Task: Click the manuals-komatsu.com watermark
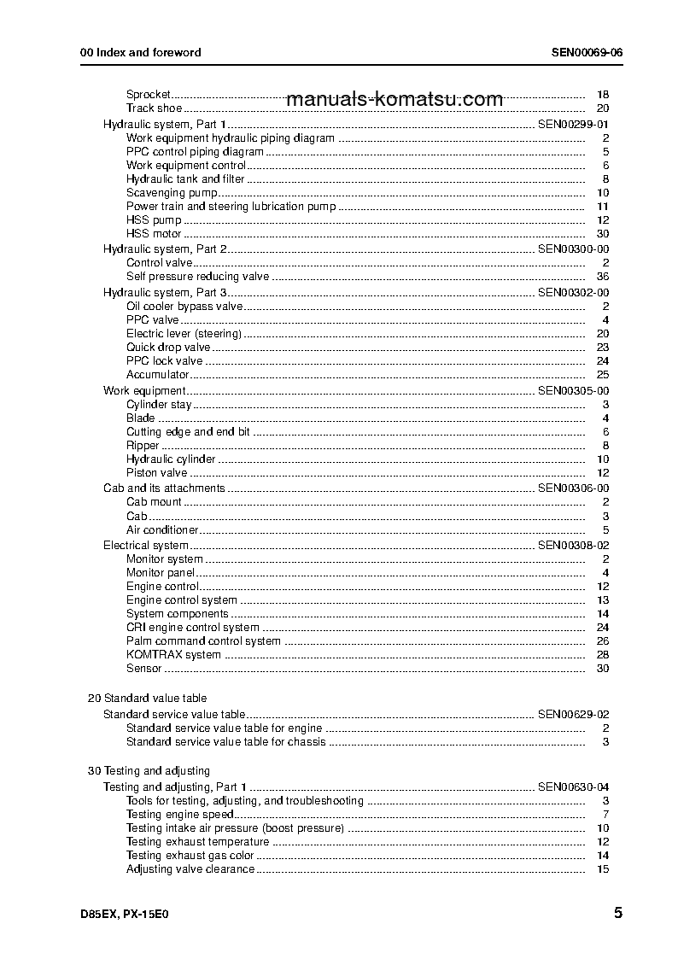click(395, 99)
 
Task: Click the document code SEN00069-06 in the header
click(587, 52)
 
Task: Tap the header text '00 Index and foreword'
click(140, 52)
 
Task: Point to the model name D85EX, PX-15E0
click(126, 915)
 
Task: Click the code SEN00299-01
click(573, 125)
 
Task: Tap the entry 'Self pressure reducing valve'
click(197, 277)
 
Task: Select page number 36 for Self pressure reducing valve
click(602, 277)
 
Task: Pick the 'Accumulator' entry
click(157, 375)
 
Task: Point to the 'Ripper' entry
click(143, 446)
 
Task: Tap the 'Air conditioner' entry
click(162, 530)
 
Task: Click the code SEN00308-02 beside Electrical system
click(573, 546)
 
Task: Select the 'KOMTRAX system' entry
click(173, 655)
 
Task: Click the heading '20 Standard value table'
click(147, 699)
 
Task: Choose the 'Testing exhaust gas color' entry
click(190, 856)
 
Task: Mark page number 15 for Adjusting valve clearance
click(603, 869)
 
